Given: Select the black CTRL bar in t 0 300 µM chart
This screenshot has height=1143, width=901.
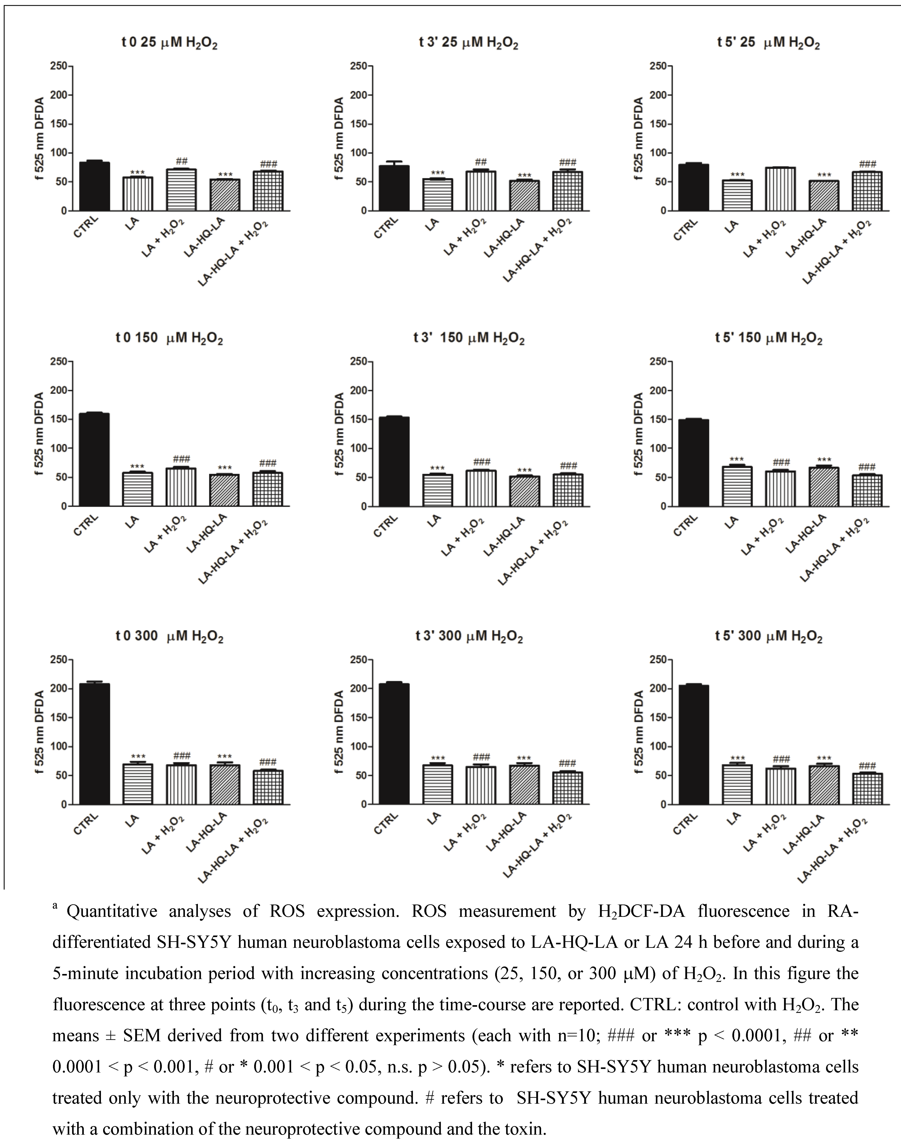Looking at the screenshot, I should point(95,743).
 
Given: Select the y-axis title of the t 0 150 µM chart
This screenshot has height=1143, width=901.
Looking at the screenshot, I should point(39,434).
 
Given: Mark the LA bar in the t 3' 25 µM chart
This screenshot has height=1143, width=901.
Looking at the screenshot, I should point(437,195).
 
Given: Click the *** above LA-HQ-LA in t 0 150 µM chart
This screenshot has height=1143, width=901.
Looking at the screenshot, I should point(225,468).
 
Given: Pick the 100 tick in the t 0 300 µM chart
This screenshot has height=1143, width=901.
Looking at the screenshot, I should point(59,747).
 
